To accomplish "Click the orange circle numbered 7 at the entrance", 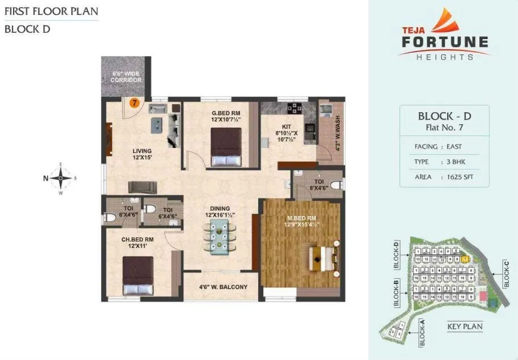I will [134, 103].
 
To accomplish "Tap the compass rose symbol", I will [60, 178].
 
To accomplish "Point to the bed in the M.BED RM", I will [321, 258].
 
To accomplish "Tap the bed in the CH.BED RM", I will [138, 275].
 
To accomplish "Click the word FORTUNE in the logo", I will [444, 42].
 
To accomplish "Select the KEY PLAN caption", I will [464, 327].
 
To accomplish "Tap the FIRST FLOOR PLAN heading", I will [51, 11].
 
